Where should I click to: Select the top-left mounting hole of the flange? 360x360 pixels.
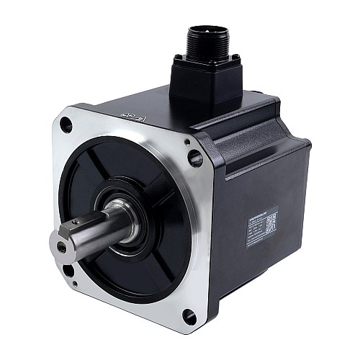(66, 125)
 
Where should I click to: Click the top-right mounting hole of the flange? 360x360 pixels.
(194, 156)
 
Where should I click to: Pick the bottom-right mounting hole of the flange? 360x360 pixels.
(189, 316)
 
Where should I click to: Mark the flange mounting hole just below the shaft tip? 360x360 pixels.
(68, 270)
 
